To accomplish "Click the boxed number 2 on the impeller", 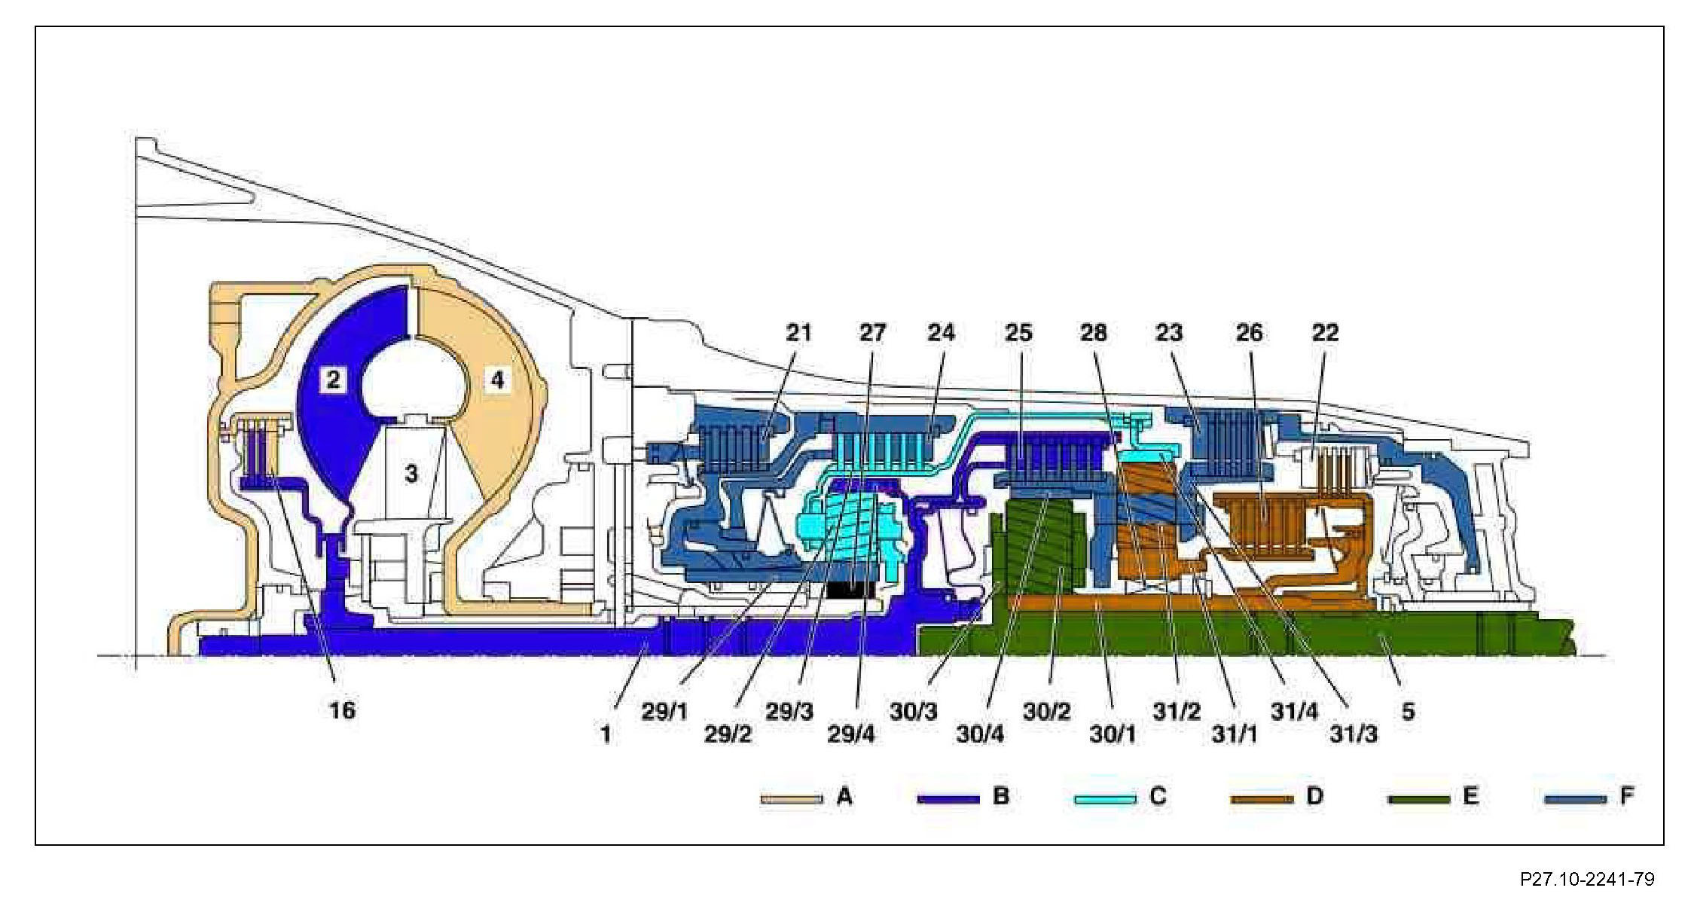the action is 332,380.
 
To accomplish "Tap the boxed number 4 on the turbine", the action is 497,380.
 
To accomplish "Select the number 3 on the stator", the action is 411,474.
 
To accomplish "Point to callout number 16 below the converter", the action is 342,709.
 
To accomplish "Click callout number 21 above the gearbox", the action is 798,332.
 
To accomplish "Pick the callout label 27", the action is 873,332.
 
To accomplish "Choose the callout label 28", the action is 1094,332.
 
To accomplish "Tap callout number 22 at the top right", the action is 1325,332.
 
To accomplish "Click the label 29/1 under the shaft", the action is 665,712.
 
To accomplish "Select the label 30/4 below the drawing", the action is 980,734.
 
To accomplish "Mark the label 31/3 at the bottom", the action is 1354,734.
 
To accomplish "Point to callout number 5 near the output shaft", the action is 1408,712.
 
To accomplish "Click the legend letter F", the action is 1626,796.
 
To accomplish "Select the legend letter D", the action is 1314,796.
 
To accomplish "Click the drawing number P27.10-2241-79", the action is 1586,879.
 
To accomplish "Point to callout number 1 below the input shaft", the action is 606,734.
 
